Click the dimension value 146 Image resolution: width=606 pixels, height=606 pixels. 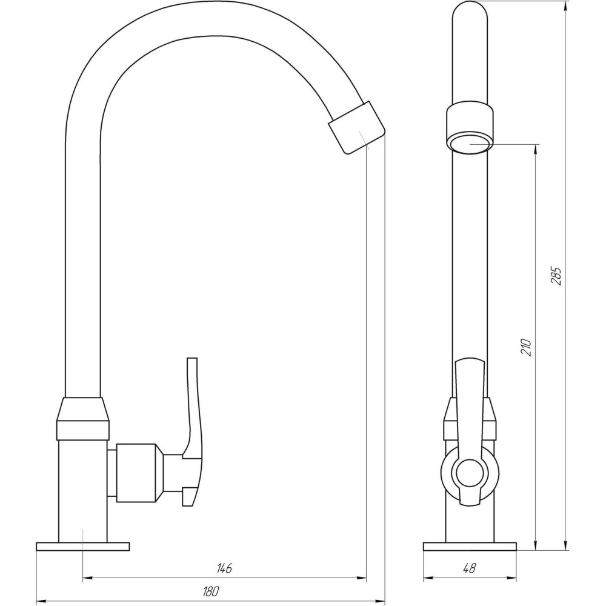224,568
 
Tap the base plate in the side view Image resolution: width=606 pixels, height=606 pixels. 82,546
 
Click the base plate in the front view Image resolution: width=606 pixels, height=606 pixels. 470,546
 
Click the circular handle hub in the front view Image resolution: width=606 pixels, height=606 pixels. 470,473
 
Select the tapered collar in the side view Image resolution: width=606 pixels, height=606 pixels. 83,418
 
